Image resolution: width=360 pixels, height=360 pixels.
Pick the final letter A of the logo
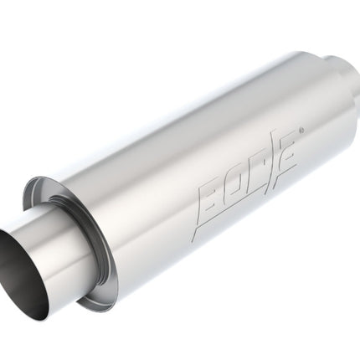click(x=285, y=157)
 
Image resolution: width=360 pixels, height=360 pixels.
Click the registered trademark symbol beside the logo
click(x=301, y=131)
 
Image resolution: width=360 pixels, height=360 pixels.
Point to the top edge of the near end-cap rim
click(x=42, y=178)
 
